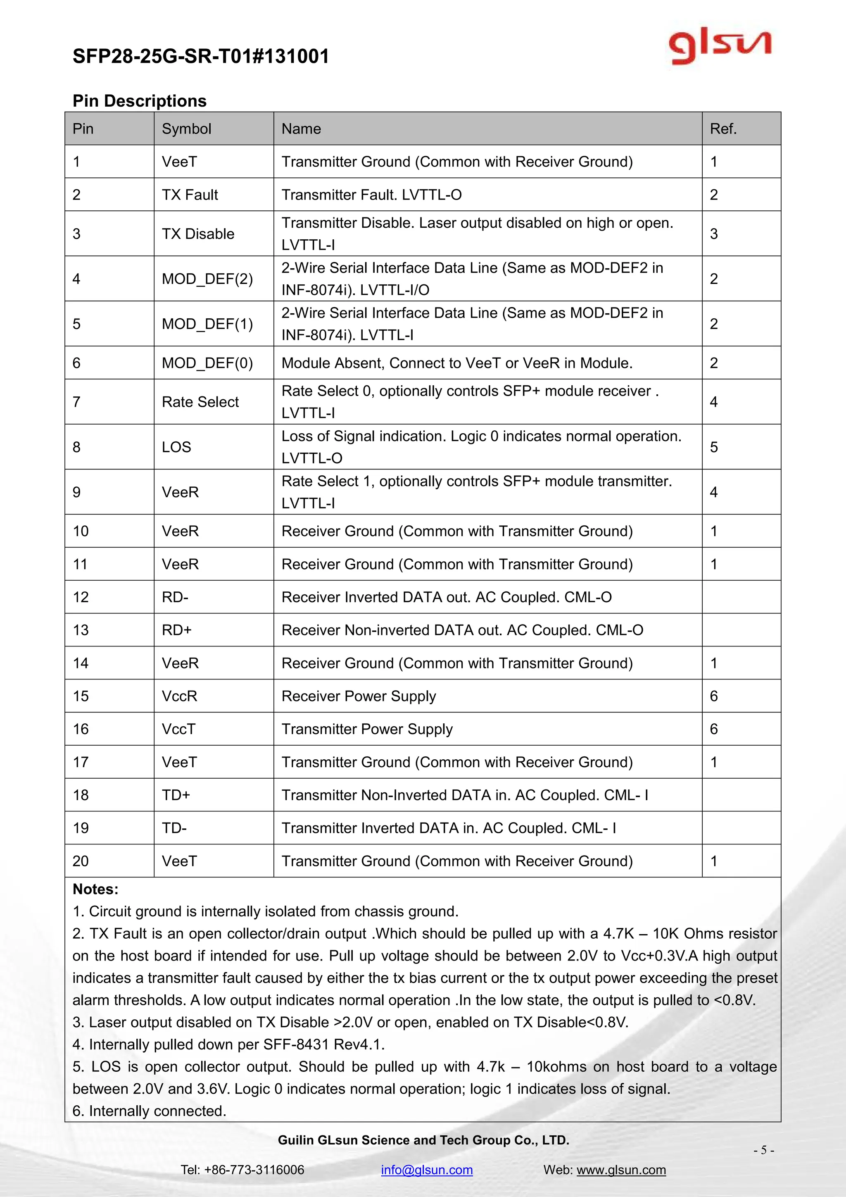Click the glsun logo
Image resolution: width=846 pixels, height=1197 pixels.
click(720, 47)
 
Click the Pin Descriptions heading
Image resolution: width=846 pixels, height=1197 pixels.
click(140, 100)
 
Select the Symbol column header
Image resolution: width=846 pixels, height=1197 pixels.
click(186, 129)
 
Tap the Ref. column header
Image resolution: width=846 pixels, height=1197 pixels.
click(723, 129)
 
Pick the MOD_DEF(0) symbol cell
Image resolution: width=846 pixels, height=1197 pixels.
click(207, 363)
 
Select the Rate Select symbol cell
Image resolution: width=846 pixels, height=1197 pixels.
click(200, 402)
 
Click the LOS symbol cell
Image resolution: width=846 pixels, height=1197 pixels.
click(177, 447)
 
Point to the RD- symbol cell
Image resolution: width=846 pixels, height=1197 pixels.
click(175, 597)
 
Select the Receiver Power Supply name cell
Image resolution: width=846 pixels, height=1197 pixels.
click(359, 696)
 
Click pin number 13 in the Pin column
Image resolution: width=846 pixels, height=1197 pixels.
click(81, 630)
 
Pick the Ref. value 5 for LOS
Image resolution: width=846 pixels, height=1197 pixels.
click(714, 447)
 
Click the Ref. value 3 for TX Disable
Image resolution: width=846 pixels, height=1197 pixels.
click(714, 234)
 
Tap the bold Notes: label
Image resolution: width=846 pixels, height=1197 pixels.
click(95, 889)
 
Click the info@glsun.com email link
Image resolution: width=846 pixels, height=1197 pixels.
click(427, 1170)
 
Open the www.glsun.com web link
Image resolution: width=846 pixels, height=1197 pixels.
click(621, 1170)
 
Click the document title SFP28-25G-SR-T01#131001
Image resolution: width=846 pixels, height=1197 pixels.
click(201, 56)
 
